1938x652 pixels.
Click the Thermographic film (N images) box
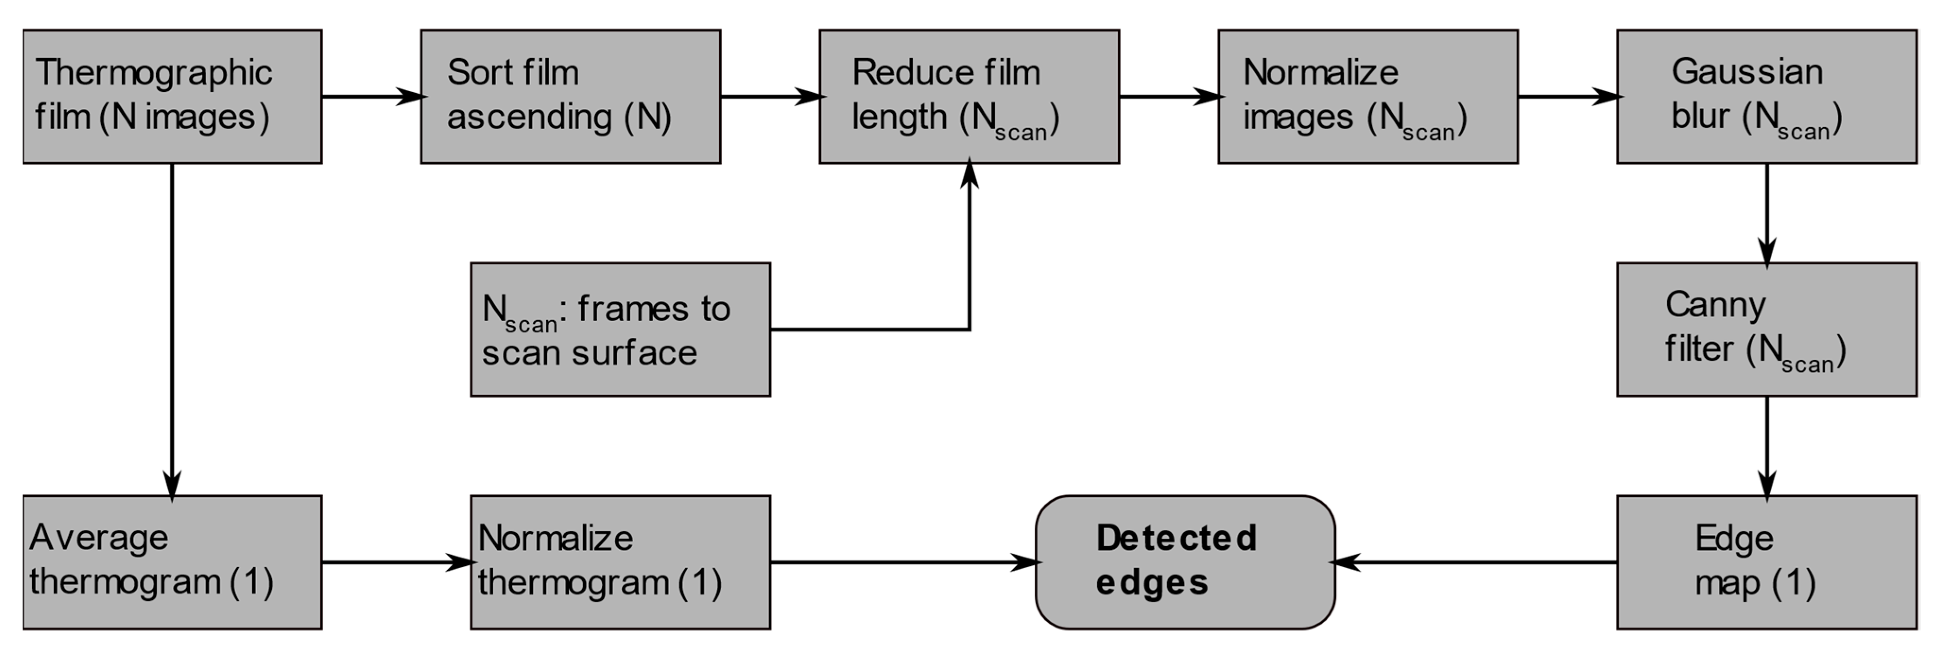[172, 96]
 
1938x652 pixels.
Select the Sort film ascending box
[570, 96]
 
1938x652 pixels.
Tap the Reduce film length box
[969, 96]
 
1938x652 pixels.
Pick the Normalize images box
[1368, 96]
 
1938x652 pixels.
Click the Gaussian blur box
[1766, 96]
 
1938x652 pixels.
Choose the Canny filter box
[1766, 330]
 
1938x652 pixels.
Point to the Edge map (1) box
[1766, 562]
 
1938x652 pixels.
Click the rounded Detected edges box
[1185, 562]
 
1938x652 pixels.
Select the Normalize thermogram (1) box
[620, 562]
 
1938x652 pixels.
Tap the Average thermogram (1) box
[172, 562]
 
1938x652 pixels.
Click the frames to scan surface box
[620, 330]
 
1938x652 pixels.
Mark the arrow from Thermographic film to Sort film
[372, 96]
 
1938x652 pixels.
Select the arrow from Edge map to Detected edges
[1475, 562]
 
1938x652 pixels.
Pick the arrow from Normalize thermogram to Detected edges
[903, 562]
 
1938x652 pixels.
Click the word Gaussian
[1747, 72]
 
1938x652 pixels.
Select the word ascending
[529, 117]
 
